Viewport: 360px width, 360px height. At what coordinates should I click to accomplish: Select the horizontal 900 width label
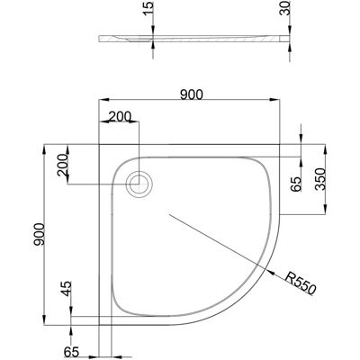[x=192, y=94]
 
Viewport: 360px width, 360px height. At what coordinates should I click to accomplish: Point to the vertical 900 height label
[x=39, y=234]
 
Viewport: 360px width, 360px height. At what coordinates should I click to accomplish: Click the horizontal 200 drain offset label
[x=120, y=116]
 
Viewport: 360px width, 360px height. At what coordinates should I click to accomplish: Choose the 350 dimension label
[x=320, y=179]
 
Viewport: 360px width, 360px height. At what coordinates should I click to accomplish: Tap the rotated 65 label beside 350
[x=295, y=184]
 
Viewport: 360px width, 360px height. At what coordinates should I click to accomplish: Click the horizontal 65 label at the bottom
[x=71, y=352]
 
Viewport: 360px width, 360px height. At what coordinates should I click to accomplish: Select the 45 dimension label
[x=67, y=289]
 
